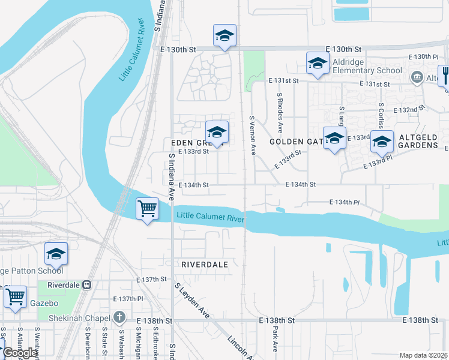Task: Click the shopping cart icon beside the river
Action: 147,209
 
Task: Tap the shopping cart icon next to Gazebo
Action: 15,296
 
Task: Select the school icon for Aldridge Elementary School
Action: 317,62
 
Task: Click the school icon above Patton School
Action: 56,253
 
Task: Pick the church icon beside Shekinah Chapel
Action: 119,317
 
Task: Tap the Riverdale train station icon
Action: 86,285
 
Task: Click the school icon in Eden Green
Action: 217,131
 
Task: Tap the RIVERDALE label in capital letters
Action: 204,264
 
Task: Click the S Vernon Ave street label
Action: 253,136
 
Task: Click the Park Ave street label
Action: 275,340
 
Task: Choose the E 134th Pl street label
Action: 344,203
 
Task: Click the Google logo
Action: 20,353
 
